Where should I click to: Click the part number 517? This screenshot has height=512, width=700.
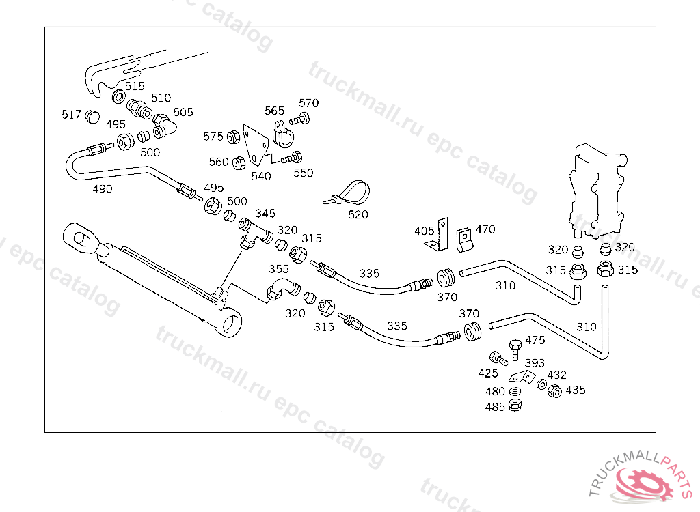pos(72,115)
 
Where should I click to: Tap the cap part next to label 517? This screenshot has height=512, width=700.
pos(92,118)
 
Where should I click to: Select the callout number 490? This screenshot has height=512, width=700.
pos(102,189)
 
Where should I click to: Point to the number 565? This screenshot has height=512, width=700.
pos(274,111)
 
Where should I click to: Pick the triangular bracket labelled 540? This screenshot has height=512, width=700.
pos(256,147)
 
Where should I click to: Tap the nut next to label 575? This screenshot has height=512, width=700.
pos(232,137)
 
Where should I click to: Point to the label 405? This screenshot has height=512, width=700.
pos(424,231)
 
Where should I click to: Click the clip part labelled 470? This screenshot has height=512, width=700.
pos(465,237)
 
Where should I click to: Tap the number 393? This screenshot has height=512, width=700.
pos(534,362)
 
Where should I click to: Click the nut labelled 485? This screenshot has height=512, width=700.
pos(515,406)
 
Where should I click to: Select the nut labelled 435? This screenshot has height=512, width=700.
pos(554,391)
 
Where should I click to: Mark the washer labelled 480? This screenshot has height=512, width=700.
pos(515,391)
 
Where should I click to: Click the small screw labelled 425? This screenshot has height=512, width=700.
pos(497,357)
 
